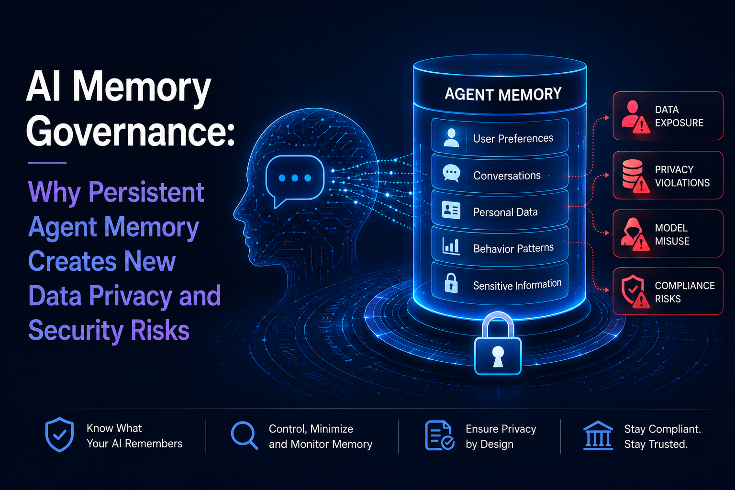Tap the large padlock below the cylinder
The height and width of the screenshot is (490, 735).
(x=498, y=344)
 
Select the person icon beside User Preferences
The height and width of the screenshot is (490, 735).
(x=451, y=137)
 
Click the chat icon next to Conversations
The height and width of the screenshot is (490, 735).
(x=451, y=173)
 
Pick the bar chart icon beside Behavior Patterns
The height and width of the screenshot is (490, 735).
(x=451, y=246)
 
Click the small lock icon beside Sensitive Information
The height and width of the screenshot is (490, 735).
(x=451, y=283)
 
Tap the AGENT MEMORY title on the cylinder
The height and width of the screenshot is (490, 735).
(x=503, y=94)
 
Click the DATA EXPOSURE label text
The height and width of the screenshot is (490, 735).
(x=679, y=116)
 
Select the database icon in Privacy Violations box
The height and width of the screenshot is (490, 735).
(x=633, y=174)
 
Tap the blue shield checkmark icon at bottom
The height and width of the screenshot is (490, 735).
(x=59, y=434)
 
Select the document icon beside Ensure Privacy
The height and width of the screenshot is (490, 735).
(x=439, y=435)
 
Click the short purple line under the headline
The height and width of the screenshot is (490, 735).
(x=47, y=163)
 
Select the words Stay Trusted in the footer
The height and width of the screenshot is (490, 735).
(x=656, y=444)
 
